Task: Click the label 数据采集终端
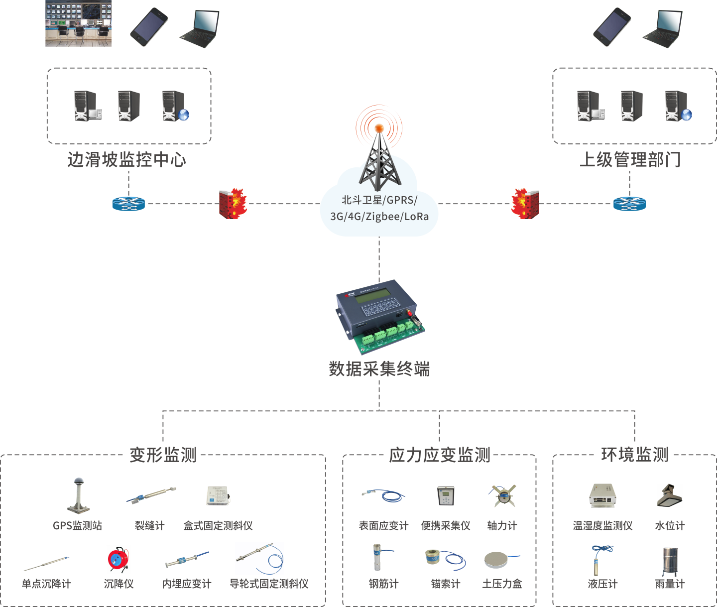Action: point(379,369)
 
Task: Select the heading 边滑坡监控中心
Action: point(127,160)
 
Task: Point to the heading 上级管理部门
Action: point(630,160)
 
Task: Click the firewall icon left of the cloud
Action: point(233,204)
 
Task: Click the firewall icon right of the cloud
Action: point(525,204)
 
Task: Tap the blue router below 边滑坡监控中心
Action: point(128,204)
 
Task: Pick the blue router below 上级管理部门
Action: point(629,204)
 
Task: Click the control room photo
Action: point(78,23)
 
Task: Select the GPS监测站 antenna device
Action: point(79,495)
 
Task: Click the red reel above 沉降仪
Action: point(119,559)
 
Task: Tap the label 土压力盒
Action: point(502,584)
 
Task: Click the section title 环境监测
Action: point(635,455)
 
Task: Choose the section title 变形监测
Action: point(163,455)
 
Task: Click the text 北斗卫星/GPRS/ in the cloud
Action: point(379,200)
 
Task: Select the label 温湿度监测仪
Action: point(602,525)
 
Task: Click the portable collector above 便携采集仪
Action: point(446,496)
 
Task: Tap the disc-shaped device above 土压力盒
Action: point(499,560)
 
